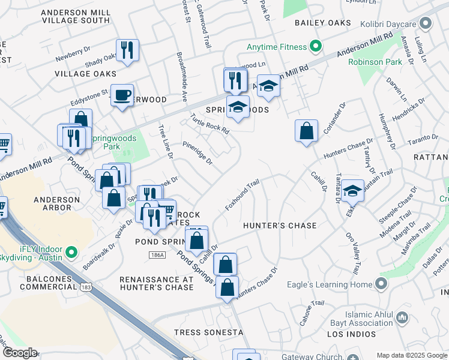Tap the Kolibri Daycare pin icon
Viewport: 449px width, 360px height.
pyautogui.click(x=426, y=23)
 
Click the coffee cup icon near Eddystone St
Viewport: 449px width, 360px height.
pyautogui.click(x=122, y=94)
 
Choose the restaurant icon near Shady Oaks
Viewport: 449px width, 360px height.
pyautogui.click(x=127, y=49)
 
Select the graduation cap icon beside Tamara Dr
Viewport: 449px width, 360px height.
pyautogui.click(x=353, y=190)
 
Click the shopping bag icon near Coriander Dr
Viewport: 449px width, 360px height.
pyautogui.click(x=307, y=130)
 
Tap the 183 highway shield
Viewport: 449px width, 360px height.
pyautogui.click(x=86, y=288)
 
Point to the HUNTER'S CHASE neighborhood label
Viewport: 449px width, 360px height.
pyautogui.click(x=279, y=226)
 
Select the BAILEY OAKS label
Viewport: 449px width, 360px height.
pyautogui.click(x=322, y=23)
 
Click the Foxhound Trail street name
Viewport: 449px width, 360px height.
pyautogui.click(x=243, y=194)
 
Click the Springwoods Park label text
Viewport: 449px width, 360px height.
pyautogui.click(x=112, y=142)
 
